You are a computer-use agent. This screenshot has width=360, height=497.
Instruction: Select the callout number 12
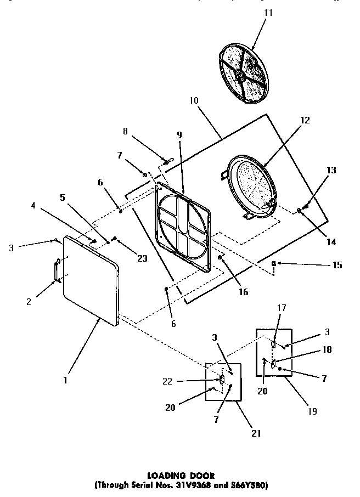tap(305, 120)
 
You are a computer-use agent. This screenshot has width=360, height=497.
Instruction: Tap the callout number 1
tap(65, 379)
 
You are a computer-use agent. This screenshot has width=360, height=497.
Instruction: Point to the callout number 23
tap(142, 259)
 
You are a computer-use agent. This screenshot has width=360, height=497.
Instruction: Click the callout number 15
tap(336, 266)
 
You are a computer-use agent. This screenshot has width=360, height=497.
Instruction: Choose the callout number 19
tap(312, 411)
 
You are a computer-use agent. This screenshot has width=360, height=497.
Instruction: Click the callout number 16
tap(243, 292)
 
